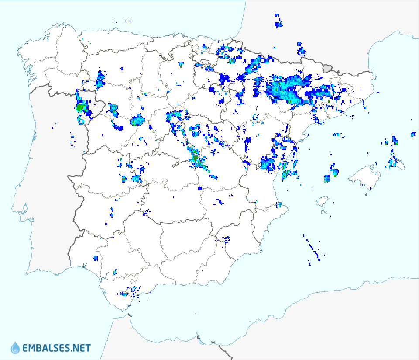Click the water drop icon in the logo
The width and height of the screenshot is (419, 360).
click(15, 348)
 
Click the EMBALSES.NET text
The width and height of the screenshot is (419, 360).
click(56, 348)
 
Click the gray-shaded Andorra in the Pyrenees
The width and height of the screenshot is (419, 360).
click(328, 68)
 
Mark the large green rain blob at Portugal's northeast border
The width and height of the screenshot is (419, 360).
click(80, 107)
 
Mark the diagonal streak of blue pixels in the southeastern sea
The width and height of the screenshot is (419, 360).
click(313, 249)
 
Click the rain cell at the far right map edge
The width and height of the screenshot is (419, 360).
click(413, 134)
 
